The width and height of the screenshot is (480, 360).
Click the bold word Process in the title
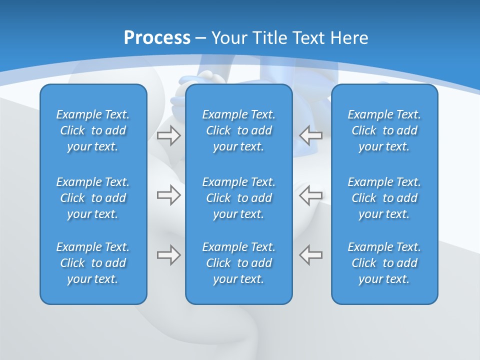157,38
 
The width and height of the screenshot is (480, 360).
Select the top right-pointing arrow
168,135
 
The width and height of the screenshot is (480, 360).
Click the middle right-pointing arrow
168,195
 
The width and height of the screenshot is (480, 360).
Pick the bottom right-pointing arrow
168,255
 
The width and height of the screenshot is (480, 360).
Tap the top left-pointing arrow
311,135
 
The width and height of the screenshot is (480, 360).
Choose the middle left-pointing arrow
311,195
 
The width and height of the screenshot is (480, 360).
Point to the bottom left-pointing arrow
311,255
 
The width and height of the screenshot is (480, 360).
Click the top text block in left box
93,130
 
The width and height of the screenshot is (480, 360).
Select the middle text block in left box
93,198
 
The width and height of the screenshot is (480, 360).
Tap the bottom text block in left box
93,263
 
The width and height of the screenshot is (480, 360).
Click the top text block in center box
238,130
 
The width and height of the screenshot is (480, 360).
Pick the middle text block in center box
238,198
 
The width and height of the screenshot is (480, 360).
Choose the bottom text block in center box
238,263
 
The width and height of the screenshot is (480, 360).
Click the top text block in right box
384,130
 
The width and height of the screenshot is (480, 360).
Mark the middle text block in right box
384,198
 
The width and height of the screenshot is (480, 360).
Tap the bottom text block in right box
384,263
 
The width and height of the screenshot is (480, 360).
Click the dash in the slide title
201,38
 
